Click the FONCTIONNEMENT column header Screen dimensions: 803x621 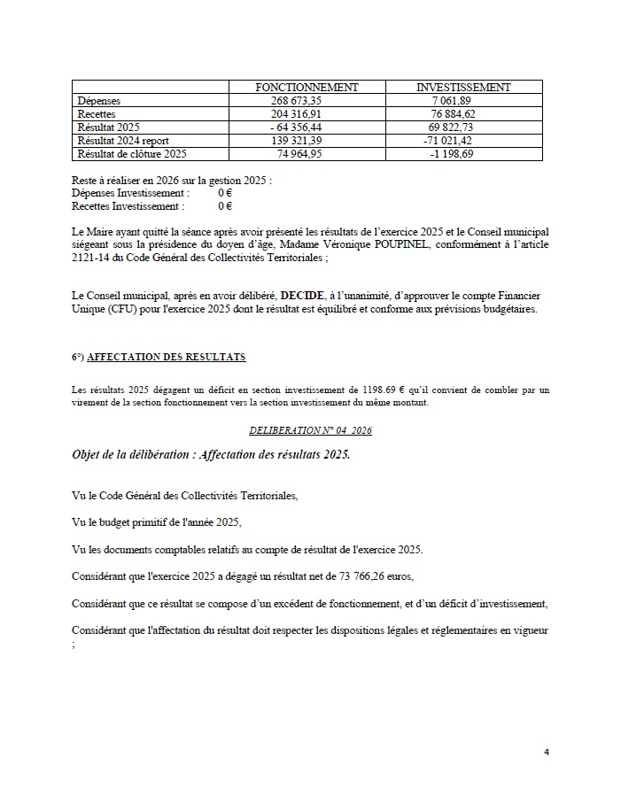[x=307, y=88]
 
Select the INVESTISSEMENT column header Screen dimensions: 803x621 [x=463, y=88]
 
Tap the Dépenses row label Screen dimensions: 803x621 [x=98, y=101]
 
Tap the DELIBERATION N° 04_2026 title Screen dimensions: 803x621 [x=309, y=430]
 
